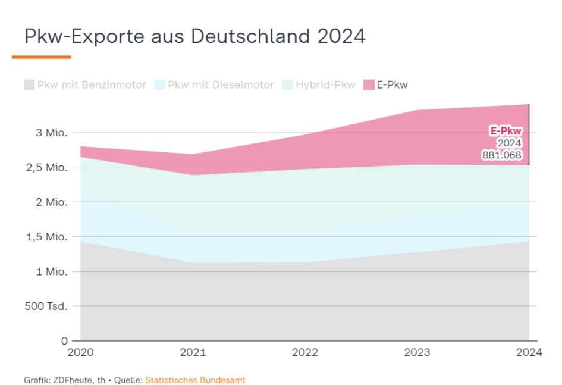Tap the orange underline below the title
42,57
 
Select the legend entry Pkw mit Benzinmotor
85,84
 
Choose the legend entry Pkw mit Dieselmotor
214,84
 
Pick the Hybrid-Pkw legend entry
319,84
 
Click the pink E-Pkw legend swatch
369,84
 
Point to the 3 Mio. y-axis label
51,132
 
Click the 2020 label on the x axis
80,352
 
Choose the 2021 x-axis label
193,352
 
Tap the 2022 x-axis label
304,352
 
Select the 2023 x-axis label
417,352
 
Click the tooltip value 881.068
501,155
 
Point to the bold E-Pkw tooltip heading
506,131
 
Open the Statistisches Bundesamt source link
195,379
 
